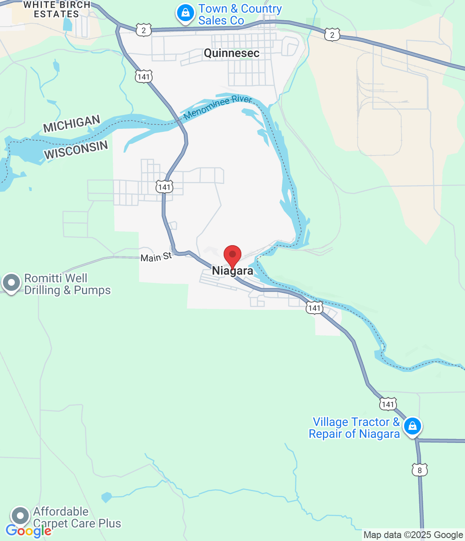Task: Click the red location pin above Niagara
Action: click(232, 255)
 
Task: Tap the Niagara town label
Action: click(232, 271)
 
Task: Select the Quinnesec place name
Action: click(231, 53)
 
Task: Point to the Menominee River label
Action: click(218, 107)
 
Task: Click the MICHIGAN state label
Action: click(71, 124)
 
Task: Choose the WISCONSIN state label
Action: click(76, 150)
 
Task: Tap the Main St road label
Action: click(156, 257)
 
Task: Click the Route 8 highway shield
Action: click(419, 470)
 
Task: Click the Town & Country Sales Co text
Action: click(240, 14)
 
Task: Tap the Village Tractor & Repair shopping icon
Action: click(412, 426)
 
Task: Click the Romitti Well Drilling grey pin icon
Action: click(11, 282)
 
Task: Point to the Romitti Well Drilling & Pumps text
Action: click(67, 284)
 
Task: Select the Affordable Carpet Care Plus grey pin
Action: click(20, 516)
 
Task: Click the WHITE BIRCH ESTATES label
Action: click(57, 9)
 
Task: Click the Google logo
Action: click(28, 531)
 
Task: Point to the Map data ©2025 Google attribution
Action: click(413, 535)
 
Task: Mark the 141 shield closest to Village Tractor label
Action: click(388, 404)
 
